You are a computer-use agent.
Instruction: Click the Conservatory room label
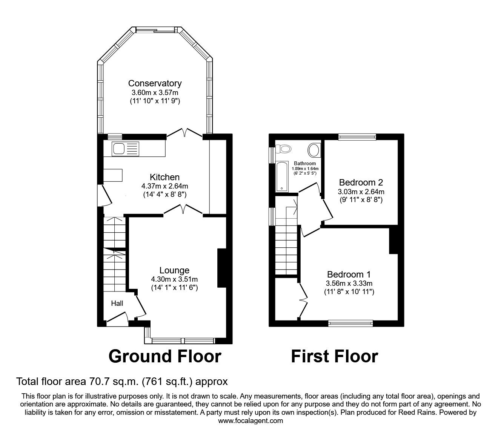[x=155, y=83]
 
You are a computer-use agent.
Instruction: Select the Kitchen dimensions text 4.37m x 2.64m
[x=164, y=186]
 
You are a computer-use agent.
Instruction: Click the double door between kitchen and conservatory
[x=184, y=133]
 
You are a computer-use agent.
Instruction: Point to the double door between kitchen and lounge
[x=183, y=209]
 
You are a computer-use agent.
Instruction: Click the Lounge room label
[x=174, y=270]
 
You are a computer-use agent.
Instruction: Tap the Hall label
[x=117, y=303]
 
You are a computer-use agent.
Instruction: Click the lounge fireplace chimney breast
[x=221, y=268]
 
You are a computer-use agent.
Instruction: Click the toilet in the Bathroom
[x=284, y=149]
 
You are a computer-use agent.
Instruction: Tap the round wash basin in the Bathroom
[x=314, y=150]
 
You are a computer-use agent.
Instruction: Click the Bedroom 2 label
[x=361, y=182]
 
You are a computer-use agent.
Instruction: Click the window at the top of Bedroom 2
[x=357, y=137]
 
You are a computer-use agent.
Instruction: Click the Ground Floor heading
[x=164, y=356]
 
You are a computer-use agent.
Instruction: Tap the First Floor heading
[x=334, y=356]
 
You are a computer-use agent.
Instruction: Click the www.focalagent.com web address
[x=250, y=421]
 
